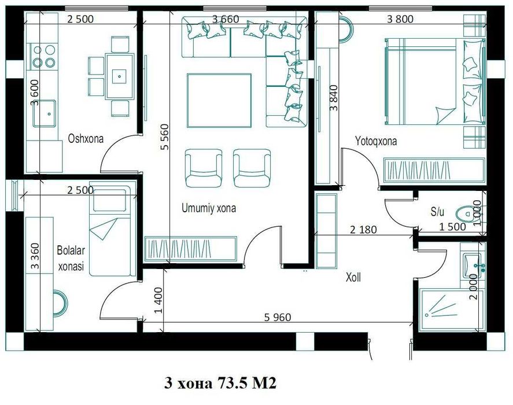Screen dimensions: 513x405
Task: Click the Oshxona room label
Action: click(x=86, y=138)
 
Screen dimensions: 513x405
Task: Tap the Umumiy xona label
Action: click(x=209, y=208)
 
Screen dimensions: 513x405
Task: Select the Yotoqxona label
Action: click(x=376, y=141)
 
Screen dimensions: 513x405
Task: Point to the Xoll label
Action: click(x=353, y=278)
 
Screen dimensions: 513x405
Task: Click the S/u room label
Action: click(x=437, y=212)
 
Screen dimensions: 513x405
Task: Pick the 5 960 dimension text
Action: click(x=278, y=317)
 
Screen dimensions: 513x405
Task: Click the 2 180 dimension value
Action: click(x=363, y=230)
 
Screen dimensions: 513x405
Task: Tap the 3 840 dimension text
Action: click(x=334, y=98)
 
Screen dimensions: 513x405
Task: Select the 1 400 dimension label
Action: click(x=158, y=300)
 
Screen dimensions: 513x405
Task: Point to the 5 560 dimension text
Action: click(x=165, y=137)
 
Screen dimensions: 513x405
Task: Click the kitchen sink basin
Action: click(x=45, y=113)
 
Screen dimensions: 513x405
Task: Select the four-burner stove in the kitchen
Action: click(x=43, y=56)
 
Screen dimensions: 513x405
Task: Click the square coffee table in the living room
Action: click(x=219, y=100)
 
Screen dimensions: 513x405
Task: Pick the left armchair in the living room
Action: click(x=204, y=168)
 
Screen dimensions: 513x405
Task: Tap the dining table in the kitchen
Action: click(x=119, y=76)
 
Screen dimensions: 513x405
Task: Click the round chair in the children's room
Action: click(x=60, y=304)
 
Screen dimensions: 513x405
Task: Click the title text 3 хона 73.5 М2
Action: click(x=220, y=383)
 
